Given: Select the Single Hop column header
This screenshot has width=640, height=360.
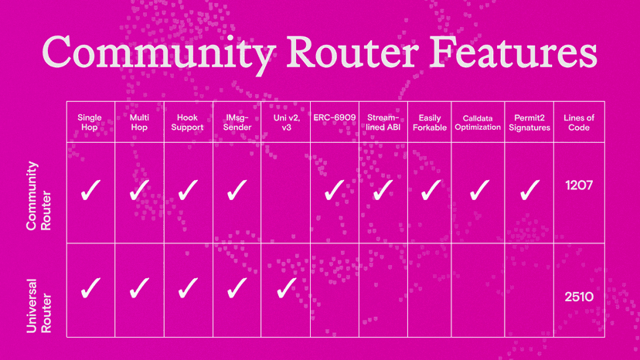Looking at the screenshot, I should pyautogui.click(x=90, y=122).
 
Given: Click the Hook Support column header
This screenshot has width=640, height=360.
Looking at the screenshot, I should pyautogui.click(x=188, y=122).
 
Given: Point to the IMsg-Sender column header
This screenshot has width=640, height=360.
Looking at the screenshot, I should pyautogui.click(x=237, y=122).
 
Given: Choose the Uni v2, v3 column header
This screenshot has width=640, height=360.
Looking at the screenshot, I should pyautogui.click(x=285, y=122).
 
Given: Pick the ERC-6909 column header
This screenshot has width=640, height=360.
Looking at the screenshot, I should pyautogui.click(x=334, y=117).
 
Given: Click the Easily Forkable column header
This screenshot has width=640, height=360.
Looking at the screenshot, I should pyautogui.click(x=431, y=122).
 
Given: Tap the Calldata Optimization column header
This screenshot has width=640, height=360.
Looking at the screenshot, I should pyautogui.click(x=480, y=122).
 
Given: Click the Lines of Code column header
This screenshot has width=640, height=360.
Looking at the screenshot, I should pyautogui.click(x=578, y=122).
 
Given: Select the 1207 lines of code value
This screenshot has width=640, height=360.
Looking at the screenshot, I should pyautogui.click(x=578, y=188).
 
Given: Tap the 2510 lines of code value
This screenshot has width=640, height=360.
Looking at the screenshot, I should pyautogui.click(x=578, y=295).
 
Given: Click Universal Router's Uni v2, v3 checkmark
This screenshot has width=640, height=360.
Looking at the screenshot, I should pyautogui.click(x=286, y=288).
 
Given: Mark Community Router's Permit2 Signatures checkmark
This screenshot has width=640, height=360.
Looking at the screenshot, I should pyautogui.click(x=529, y=190).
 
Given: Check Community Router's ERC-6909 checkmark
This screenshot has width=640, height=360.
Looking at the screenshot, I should pyautogui.click(x=334, y=190).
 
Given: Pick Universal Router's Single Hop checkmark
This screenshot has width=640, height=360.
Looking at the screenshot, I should pyautogui.click(x=90, y=288).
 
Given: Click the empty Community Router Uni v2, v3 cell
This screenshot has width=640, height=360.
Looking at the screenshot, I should pyautogui.click(x=285, y=193).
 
